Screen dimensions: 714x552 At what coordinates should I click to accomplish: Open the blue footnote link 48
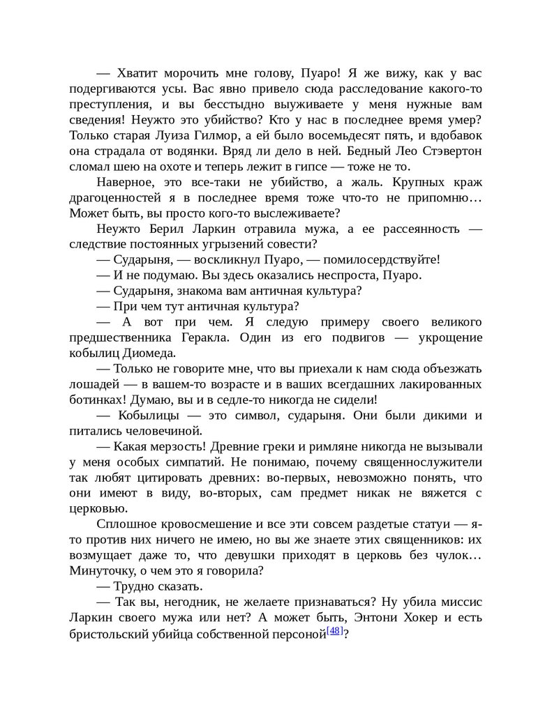point(334,631)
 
